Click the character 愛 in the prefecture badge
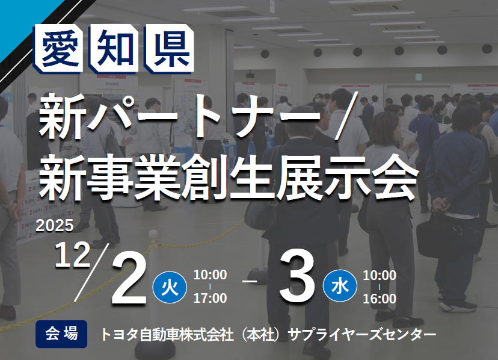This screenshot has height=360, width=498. click(62, 48)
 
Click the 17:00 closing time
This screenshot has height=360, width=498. click(210, 298)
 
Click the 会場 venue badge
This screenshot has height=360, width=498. click(61, 333)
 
